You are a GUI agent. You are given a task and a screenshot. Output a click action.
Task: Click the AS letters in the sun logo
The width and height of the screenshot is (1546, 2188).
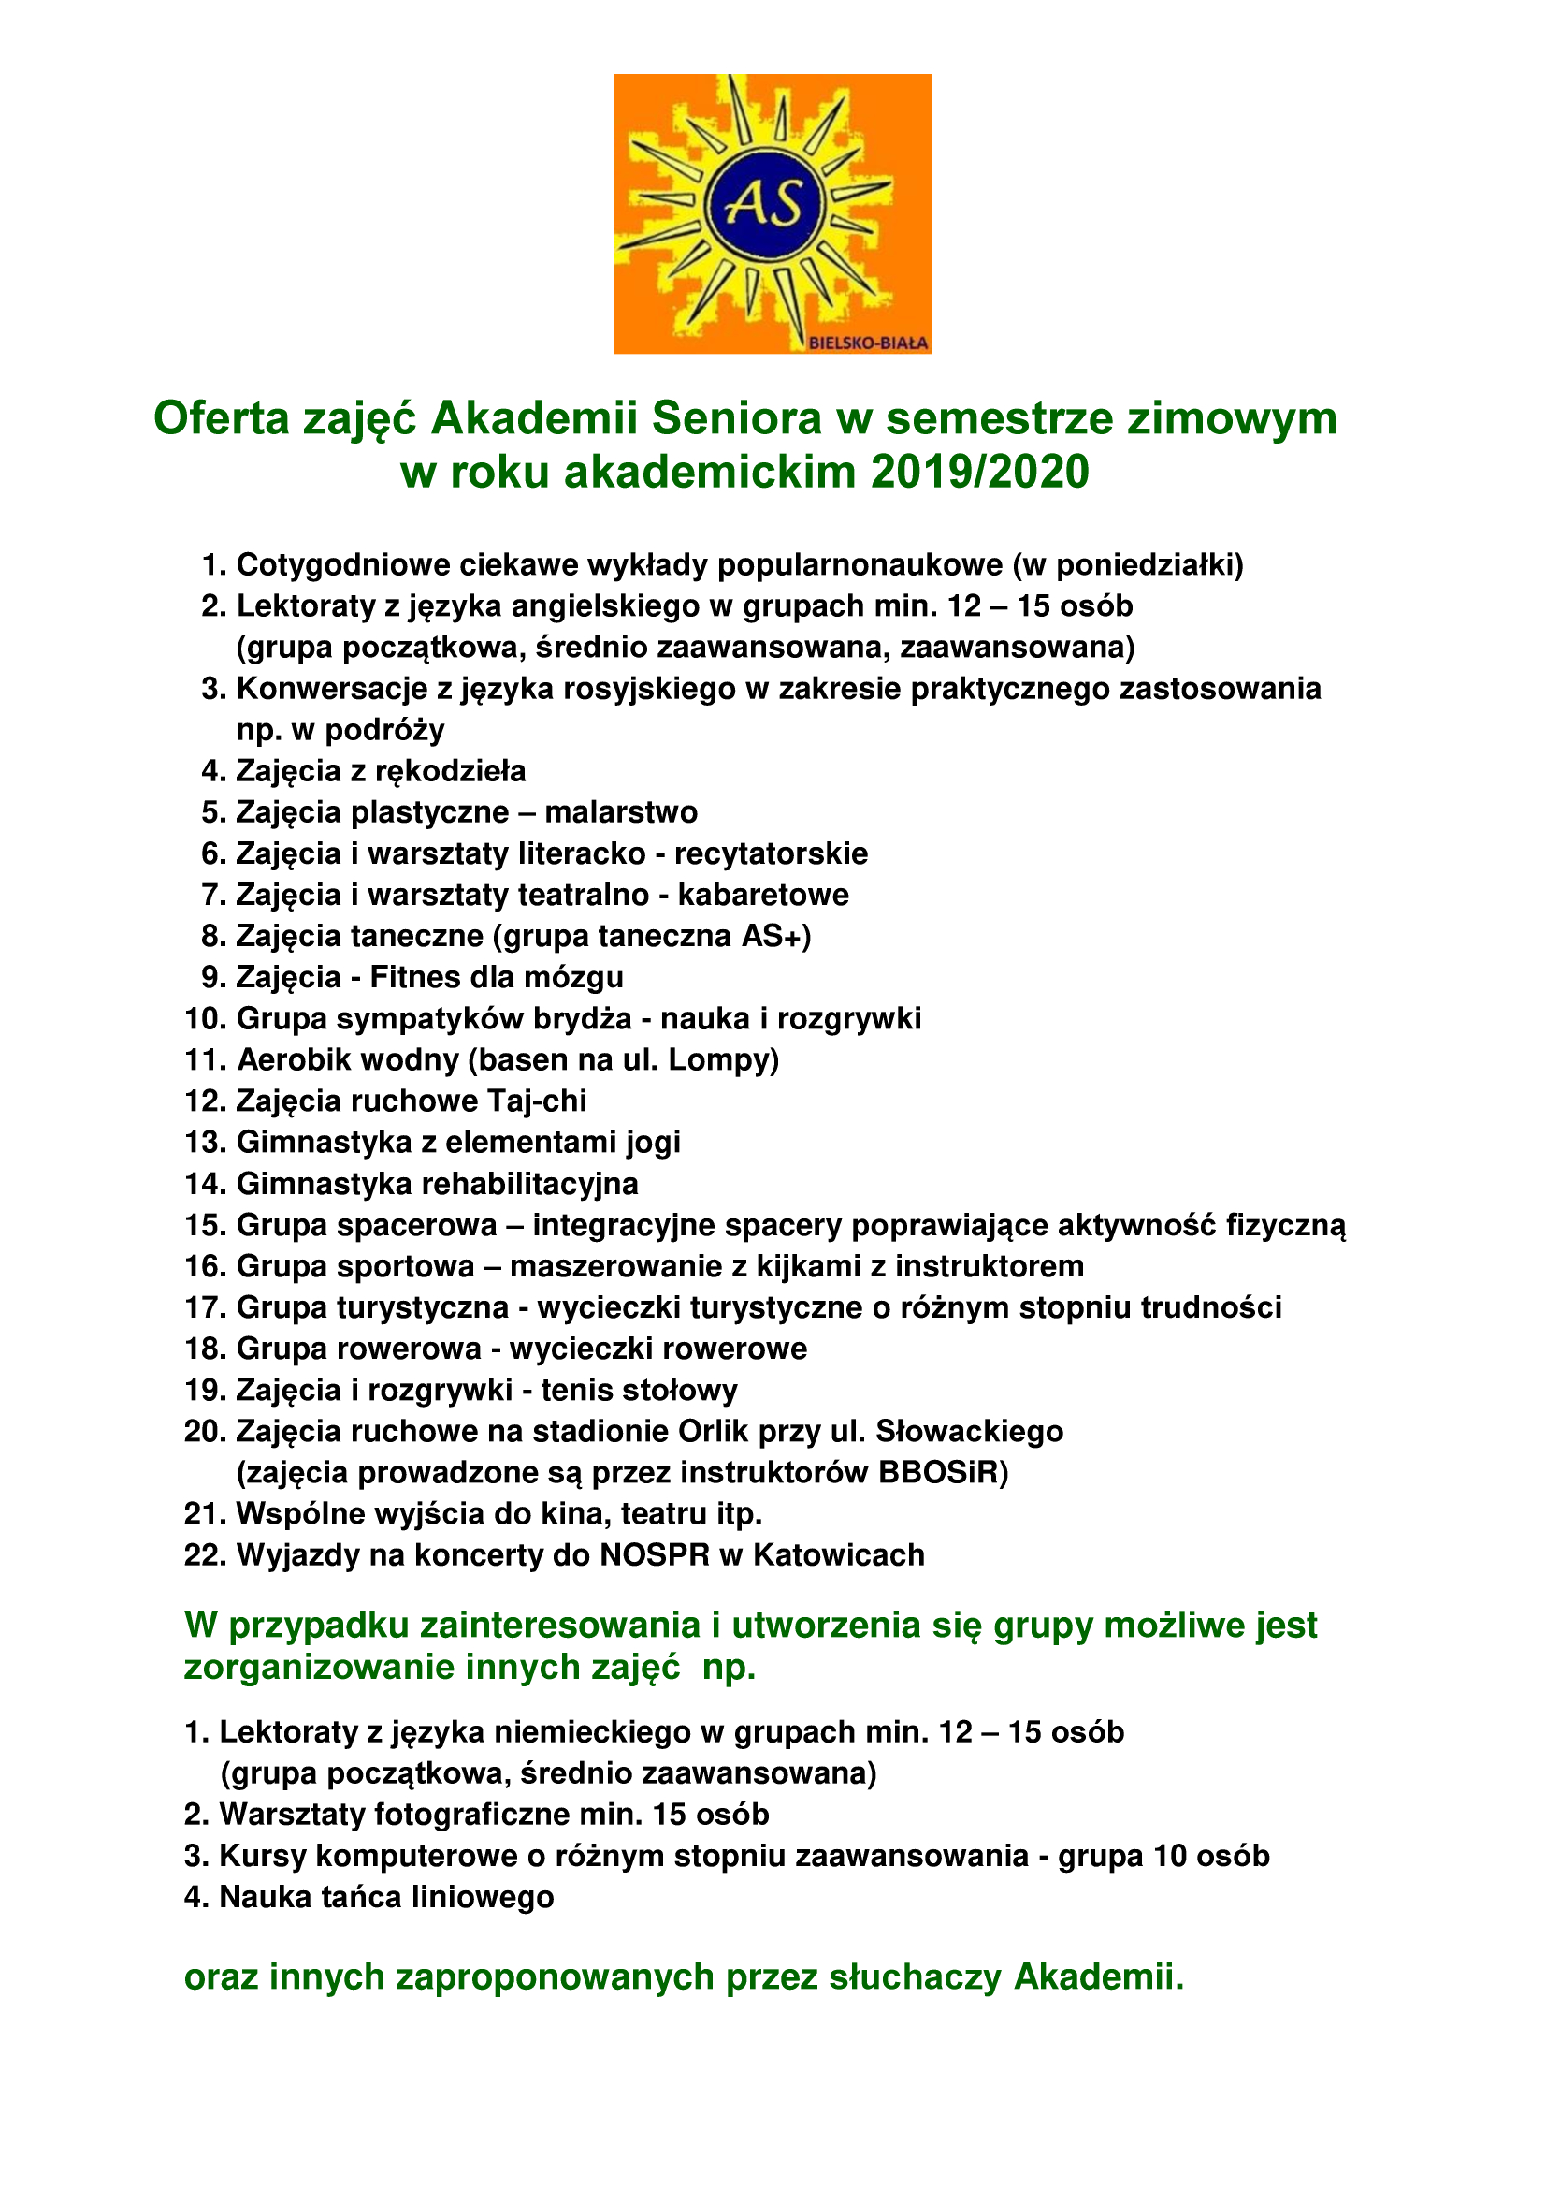click(x=764, y=204)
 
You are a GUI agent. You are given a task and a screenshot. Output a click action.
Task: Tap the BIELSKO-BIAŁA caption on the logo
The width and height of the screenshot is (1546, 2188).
click(x=868, y=343)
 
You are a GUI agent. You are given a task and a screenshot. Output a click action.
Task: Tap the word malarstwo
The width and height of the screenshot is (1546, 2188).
click(x=621, y=812)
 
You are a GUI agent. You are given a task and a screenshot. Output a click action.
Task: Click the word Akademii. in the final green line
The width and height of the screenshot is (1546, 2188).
click(x=1097, y=1977)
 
